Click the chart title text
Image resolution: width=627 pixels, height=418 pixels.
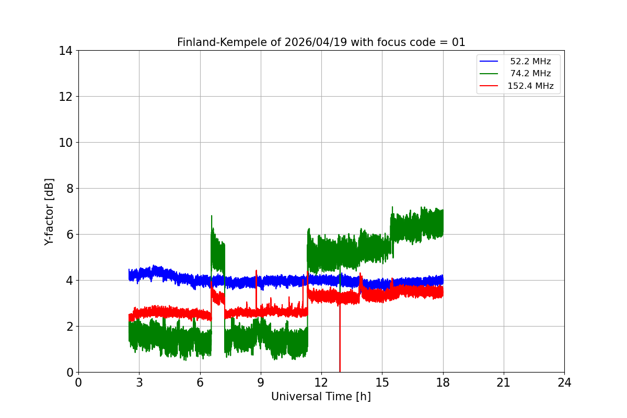tap(321, 42)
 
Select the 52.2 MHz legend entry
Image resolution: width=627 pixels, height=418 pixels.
tap(530, 62)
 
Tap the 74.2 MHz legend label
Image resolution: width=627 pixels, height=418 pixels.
tap(530, 74)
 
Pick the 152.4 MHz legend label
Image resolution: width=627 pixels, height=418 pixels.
tap(530, 86)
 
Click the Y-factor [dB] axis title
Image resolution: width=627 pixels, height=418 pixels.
tap(49, 211)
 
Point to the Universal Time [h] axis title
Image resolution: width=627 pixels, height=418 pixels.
tap(321, 397)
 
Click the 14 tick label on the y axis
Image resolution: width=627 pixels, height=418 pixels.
tap(65, 51)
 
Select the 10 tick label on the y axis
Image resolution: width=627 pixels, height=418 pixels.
tap(65, 143)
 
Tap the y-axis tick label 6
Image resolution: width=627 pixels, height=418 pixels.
tap(68, 235)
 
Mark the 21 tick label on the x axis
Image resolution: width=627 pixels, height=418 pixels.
tap(504, 382)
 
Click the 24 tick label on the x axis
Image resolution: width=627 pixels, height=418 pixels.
tap(564, 382)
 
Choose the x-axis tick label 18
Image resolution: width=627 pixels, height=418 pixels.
tap(443, 382)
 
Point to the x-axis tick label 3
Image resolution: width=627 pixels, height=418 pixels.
tap(139, 382)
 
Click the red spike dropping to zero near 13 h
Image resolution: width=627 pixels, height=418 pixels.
tap(340, 366)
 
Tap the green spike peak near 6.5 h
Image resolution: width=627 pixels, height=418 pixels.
tap(212, 216)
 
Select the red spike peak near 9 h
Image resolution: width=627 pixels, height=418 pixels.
tap(256, 271)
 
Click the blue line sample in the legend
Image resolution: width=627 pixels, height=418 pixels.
tap(489, 62)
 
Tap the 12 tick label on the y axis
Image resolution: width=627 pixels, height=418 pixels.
tap(65, 97)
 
